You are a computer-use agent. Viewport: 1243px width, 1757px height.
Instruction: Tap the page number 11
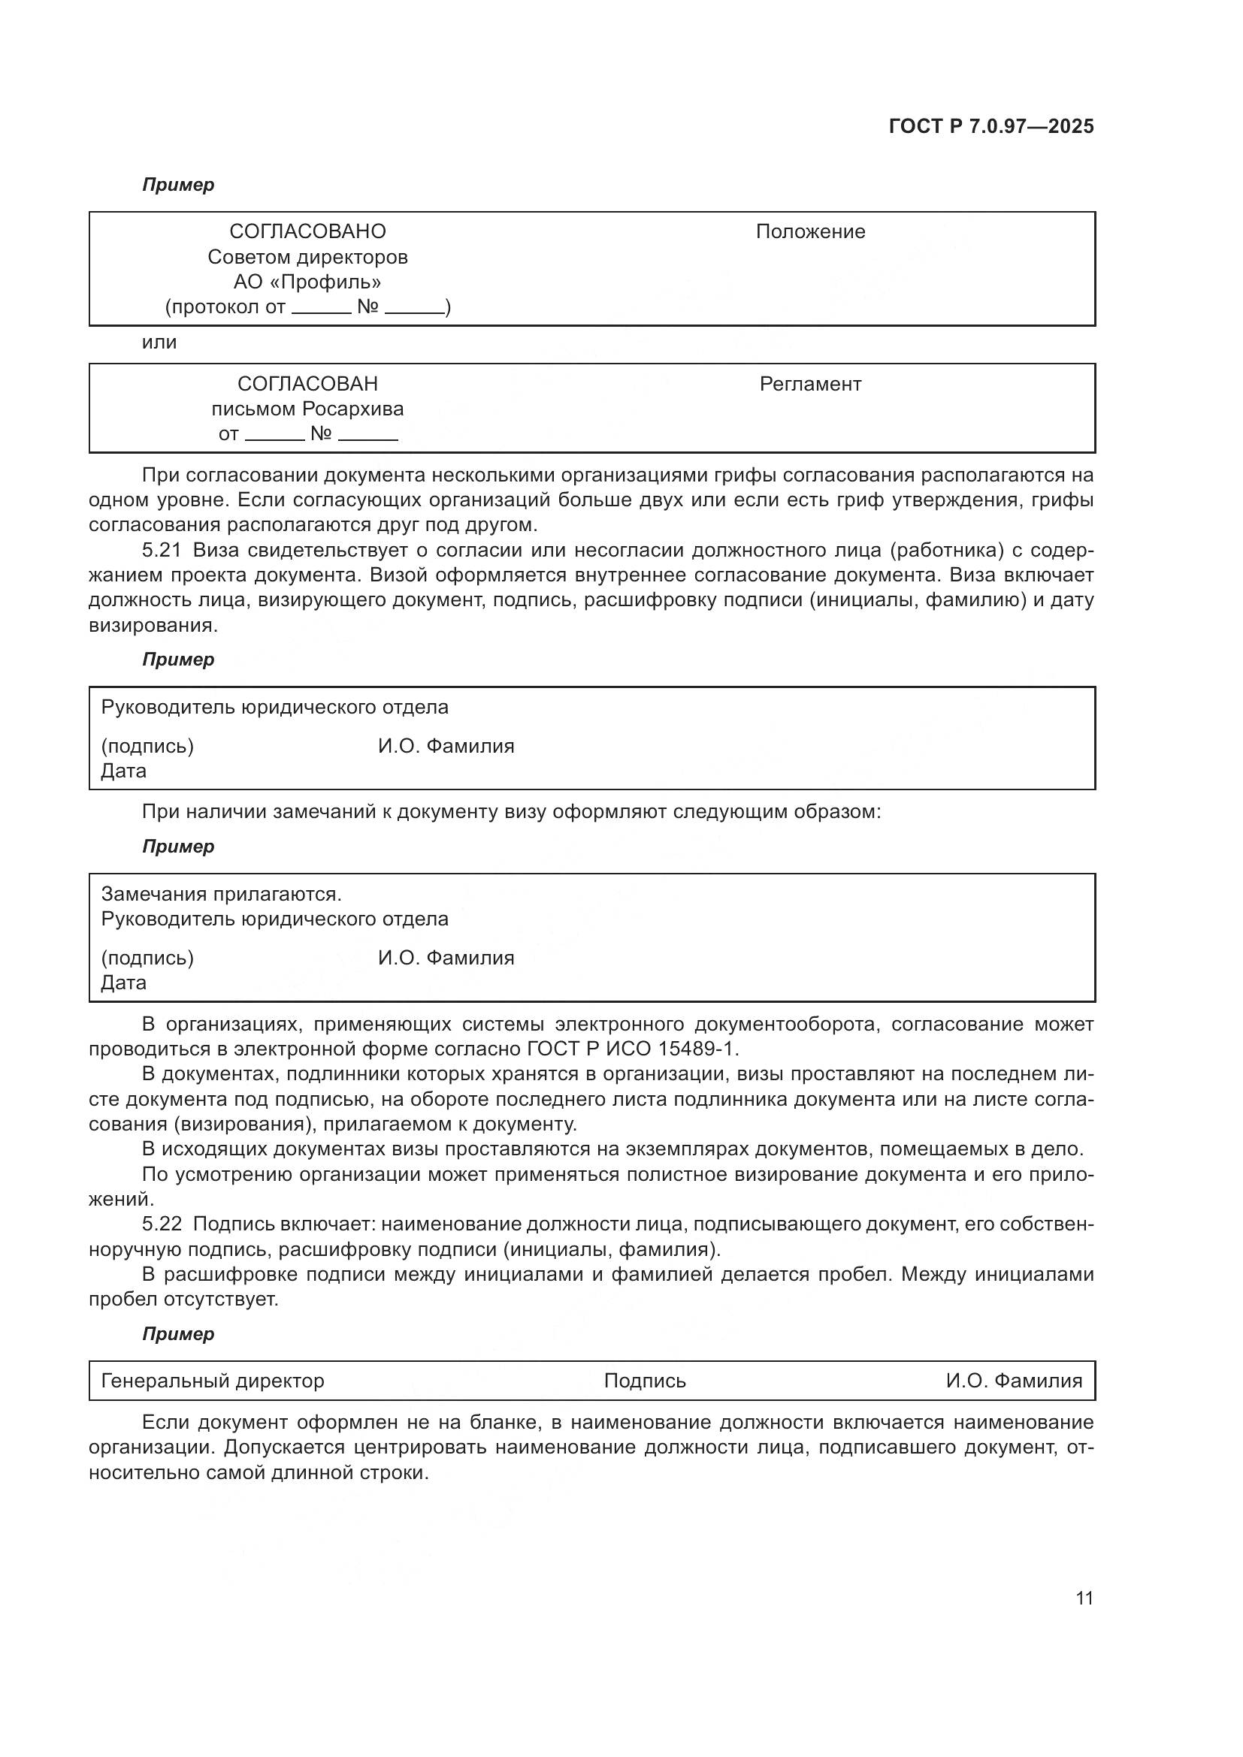(x=1084, y=1598)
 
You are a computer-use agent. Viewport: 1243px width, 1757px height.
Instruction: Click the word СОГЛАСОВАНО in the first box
(x=307, y=231)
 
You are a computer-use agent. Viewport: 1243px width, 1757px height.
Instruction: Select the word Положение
(x=810, y=231)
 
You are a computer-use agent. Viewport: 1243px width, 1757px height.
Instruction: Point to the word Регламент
(x=810, y=383)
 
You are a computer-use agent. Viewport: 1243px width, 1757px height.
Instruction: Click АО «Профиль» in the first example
(x=307, y=282)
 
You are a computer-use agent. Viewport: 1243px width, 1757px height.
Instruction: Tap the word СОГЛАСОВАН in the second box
(x=307, y=383)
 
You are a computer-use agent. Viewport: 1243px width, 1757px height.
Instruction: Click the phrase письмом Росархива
(x=307, y=409)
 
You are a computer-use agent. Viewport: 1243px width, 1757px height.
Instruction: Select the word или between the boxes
(x=159, y=342)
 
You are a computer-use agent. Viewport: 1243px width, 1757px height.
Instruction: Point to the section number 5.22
(x=162, y=1224)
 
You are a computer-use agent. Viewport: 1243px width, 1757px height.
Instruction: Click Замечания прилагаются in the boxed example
(x=221, y=894)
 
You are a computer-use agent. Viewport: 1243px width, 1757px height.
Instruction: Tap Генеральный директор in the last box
(x=213, y=1381)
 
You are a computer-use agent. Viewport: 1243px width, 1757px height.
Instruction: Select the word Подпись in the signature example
(x=645, y=1381)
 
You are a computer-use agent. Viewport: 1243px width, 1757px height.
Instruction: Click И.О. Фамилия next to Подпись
(x=1013, y=1381)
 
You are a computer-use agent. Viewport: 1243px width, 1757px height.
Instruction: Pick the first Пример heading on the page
(x=178, y=185)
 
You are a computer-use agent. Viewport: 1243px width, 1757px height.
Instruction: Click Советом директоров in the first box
(x=307, y=256)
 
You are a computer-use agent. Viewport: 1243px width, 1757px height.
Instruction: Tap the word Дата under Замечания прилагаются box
(x=123, y=983)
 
